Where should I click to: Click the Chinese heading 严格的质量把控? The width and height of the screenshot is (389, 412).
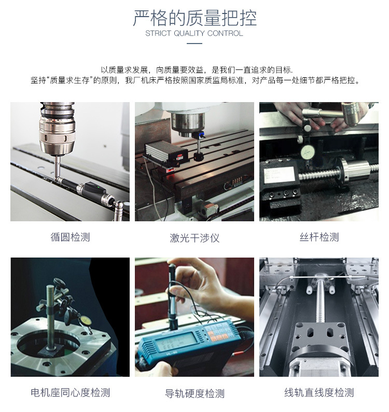(x=195, y=18)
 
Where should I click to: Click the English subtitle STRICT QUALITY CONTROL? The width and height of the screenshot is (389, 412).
(x=194, y=33)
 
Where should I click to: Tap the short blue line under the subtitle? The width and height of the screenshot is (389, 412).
(x=195, y=44)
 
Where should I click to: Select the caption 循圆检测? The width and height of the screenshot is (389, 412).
(x=70, y=237)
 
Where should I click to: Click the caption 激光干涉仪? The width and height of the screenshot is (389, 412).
(x=195, y=238)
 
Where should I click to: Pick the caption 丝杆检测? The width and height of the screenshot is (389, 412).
(x=319, y=237)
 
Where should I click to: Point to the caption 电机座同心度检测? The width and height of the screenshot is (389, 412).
(x=70, y=392)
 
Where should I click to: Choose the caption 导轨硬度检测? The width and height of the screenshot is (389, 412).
(x=195, y=393)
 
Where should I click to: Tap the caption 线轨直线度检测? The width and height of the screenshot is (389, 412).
(x=319, y=392)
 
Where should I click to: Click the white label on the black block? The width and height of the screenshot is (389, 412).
(x=280, y=175)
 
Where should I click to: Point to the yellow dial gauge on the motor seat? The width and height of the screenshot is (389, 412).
(x=85, y=321)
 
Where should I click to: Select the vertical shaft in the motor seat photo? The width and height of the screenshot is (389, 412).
(x=50, y=317)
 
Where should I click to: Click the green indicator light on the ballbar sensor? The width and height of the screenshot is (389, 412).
(x=98, y=187)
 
